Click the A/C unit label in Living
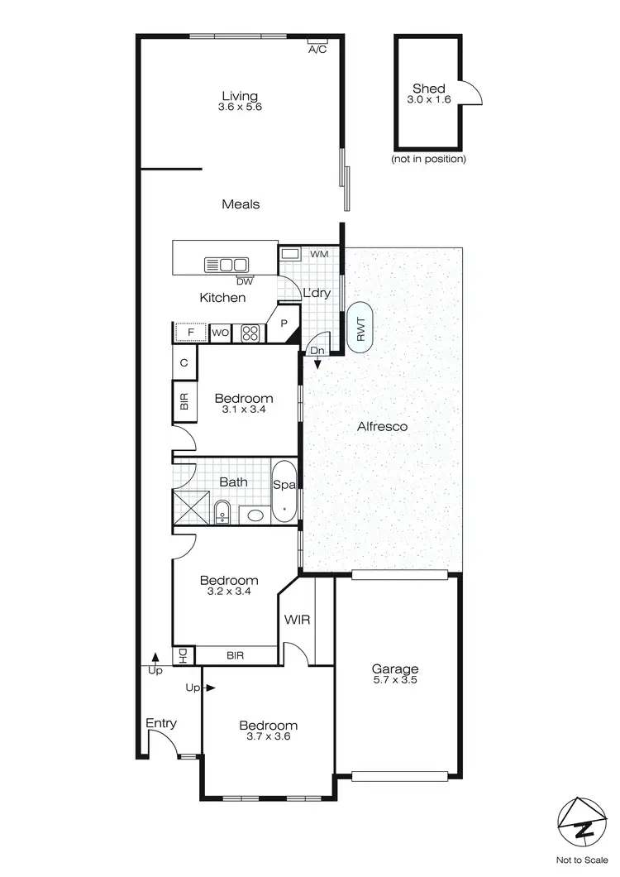click(x=317, y=50)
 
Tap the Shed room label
click(x=429, y=89)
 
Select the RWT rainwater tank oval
click(x=361, y=329)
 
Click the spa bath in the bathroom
click(x=282, y=491)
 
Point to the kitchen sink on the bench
click(x=226, y=265)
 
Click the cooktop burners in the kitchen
click(x=250, y=333)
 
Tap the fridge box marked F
click(x=191, y=333)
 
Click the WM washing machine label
click(x=319, y=253)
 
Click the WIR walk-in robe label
click(x=297, y=619)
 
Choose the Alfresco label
click(x=382, y=427)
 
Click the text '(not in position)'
click(x=428, y=159)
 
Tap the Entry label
click(x=161, y=723)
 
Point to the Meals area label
click(x=241, y=204)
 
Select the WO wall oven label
click(x=221, y=333)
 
